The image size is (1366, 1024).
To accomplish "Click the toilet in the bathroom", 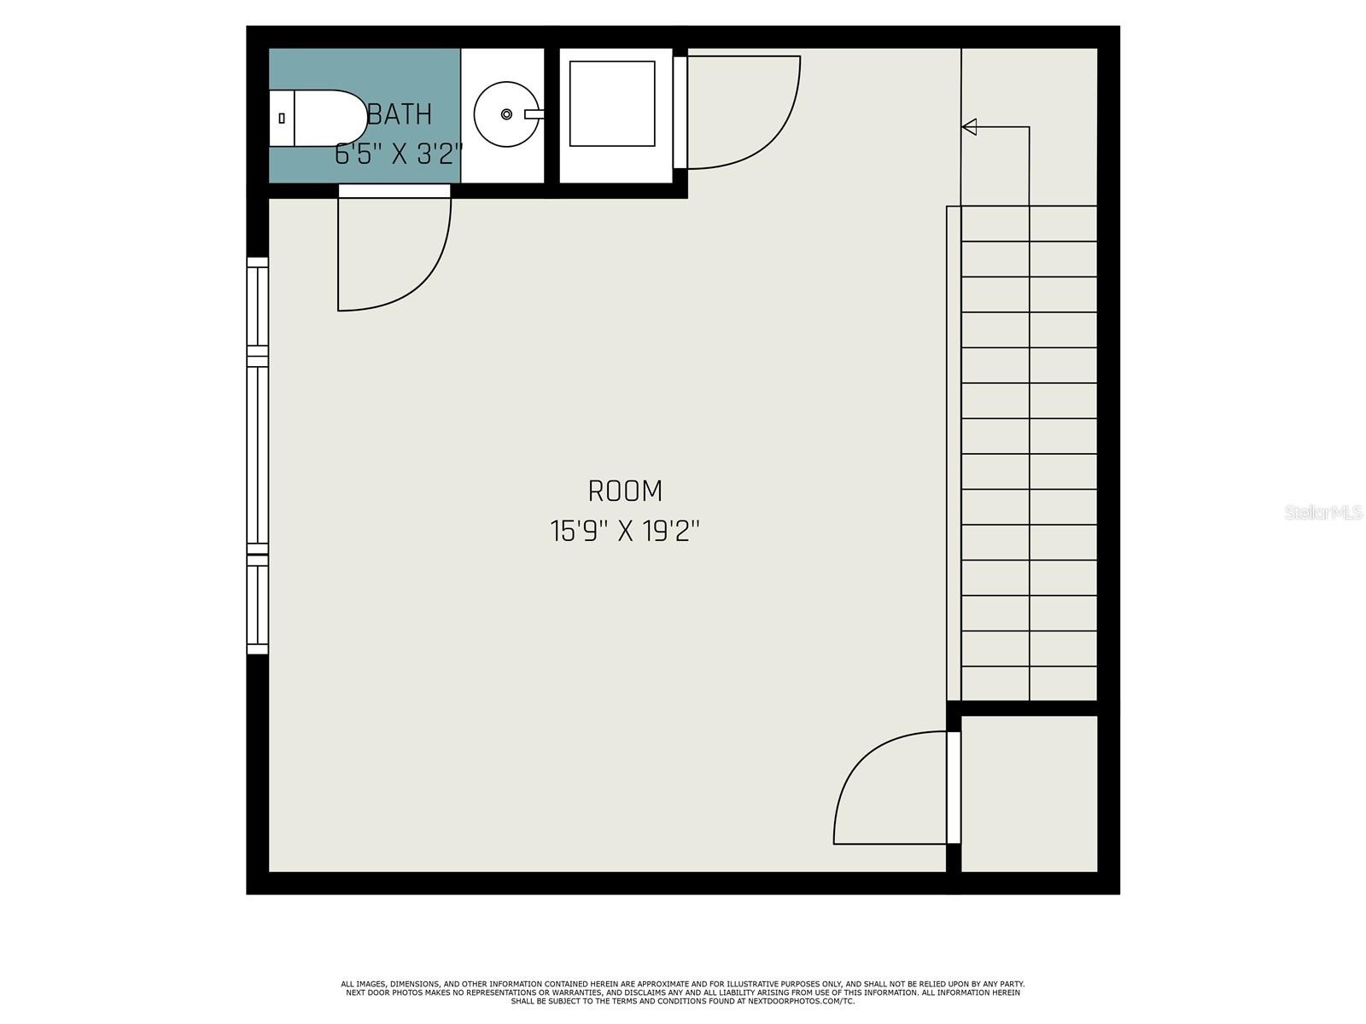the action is tap(318, 118).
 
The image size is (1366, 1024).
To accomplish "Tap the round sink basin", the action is tap(506, 114).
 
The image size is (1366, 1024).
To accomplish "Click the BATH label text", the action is tap(400, 114).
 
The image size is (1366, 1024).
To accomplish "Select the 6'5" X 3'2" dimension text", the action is tap(399, 154).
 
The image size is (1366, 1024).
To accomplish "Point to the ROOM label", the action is tap(625, 492).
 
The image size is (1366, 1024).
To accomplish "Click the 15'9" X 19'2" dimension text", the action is tap(625, 532).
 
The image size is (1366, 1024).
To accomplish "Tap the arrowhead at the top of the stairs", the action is tap(968, 127).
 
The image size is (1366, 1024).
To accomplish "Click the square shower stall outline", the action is tap(612, 104).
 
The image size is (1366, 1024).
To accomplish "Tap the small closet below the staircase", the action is tap(1029, 794).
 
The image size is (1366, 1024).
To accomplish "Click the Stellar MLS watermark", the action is tap(1323, 513).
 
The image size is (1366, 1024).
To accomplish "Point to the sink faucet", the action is tap(534, 114).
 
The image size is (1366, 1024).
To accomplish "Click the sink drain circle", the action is tap(506, 114).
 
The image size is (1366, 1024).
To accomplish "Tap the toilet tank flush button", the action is tap(282, 118).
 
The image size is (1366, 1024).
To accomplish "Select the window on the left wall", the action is tap(258, 456).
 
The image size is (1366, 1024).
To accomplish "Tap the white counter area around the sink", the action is tap(502, 116).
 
